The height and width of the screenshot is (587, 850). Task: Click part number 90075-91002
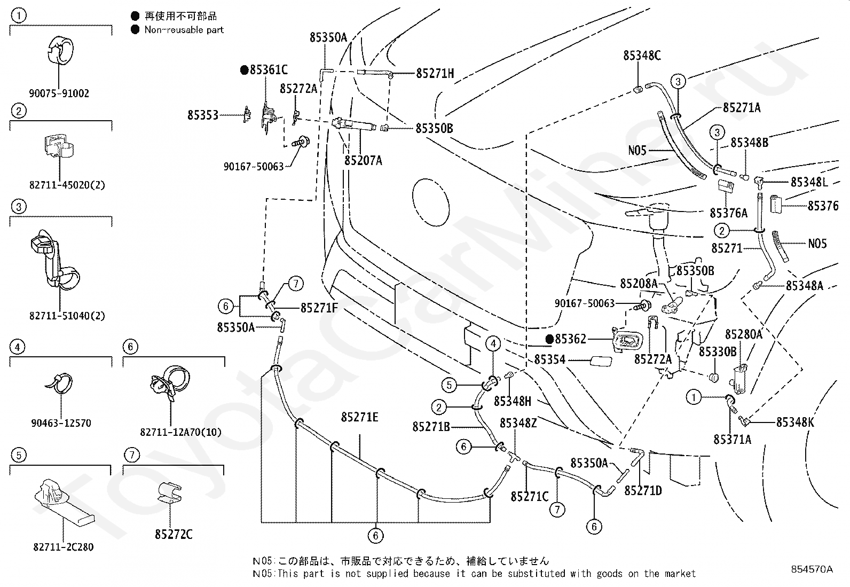(x=59, y=93)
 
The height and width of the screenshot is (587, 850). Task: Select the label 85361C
(x=269, y=70)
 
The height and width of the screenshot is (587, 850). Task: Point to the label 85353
(x=203, y=115)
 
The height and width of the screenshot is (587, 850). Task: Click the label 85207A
(x=363, y=161)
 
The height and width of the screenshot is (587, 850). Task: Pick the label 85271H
(x=435, y=73)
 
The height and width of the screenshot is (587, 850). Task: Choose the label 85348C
(x=642, y=56)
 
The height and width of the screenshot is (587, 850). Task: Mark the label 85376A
(x=729, y=213)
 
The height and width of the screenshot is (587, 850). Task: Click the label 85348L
(x=809, y=182)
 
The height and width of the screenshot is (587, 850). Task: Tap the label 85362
(x=570, y=339)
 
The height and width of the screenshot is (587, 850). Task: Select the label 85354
(x=550, y=359)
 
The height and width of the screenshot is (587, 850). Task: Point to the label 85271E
(x=359, y=417)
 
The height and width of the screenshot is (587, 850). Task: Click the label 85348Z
(x=518, y=423)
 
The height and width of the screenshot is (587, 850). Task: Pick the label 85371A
(x=732, y=439)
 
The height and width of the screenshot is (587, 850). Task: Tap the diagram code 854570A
(x=812, y=569)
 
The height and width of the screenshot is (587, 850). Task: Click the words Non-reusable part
(x=184, y=30)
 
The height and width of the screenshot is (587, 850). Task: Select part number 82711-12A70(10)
(x=180, y=432)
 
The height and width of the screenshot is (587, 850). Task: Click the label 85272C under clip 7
(x=174, y=534)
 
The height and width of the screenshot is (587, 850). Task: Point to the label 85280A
(x=743, y=334)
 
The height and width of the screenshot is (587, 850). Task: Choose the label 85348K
(x=795, y=422)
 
